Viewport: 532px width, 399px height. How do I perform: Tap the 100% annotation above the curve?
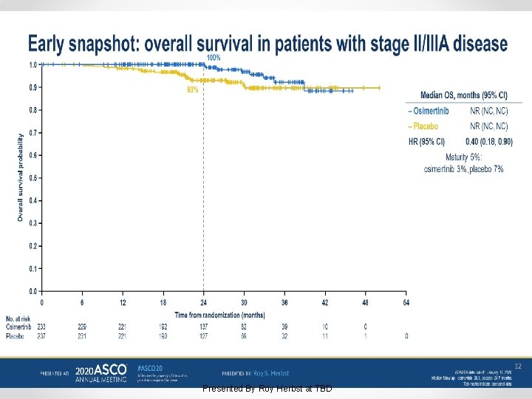click(214, 58)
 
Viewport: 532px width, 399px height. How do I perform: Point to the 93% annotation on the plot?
click(193, 89)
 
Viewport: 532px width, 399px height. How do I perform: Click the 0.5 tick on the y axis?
click(33, 178)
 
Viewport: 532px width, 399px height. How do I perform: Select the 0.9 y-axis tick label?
click(33, 87)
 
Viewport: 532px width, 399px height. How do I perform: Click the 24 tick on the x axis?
click(204, 302)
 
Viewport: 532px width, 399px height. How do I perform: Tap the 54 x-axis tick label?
click(406, 302)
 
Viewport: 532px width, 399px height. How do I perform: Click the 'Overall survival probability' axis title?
click(20, 177)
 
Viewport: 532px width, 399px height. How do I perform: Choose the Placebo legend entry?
click(424, 126)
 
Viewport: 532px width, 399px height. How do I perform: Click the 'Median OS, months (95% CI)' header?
click(463, 95)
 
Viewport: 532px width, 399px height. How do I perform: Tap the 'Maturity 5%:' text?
click(463, 157)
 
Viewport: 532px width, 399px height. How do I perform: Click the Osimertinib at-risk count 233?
click(42, 327)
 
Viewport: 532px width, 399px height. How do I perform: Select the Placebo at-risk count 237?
click(42, 336)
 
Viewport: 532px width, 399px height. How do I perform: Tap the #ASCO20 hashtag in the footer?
click(151, 368)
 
